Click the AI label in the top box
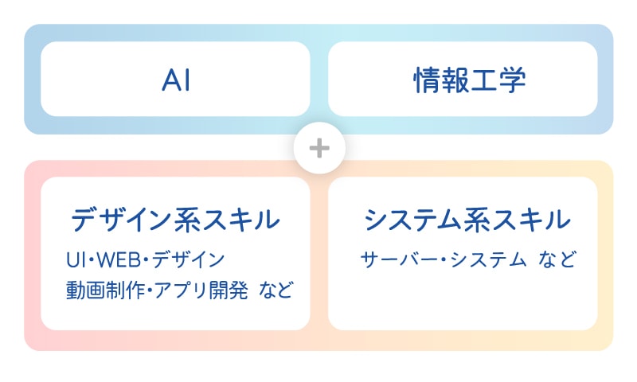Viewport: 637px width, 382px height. [176, 80]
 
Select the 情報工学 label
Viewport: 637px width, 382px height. [469, 80]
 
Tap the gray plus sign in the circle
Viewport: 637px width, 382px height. [319, 148]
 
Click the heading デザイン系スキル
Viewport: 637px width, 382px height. [175, 219]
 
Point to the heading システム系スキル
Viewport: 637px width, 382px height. [467, 219]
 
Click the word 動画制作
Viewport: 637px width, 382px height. [105, 290]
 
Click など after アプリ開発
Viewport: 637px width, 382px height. [276, 290]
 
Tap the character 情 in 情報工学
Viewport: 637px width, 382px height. [427, 80]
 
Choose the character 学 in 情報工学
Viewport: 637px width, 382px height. [512, 80]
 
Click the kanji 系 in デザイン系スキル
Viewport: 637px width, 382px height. [188, 219]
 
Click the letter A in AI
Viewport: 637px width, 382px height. [171, 80]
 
